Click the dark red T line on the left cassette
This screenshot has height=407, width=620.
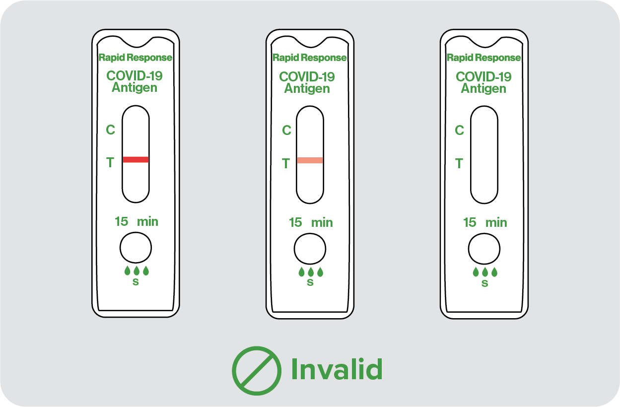136,160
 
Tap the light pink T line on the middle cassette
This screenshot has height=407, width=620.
310,160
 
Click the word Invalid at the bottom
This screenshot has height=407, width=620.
337,369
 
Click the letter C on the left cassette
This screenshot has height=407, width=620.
110,130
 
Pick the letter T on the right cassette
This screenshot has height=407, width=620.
459,163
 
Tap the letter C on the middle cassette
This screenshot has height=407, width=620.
287,131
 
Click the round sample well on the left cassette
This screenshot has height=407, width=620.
136,248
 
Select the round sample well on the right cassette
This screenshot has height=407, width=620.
484,249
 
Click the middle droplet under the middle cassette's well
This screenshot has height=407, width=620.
311,272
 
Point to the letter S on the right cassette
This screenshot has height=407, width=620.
484,283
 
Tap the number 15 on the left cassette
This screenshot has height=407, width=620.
122,222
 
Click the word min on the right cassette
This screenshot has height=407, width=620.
496,223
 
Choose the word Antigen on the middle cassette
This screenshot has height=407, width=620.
307,88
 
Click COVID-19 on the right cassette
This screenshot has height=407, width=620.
483,76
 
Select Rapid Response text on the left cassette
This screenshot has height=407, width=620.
136,58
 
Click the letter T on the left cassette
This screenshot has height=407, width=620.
110,162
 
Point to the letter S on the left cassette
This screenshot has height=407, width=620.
136,282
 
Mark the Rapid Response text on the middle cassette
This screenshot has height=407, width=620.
309,58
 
